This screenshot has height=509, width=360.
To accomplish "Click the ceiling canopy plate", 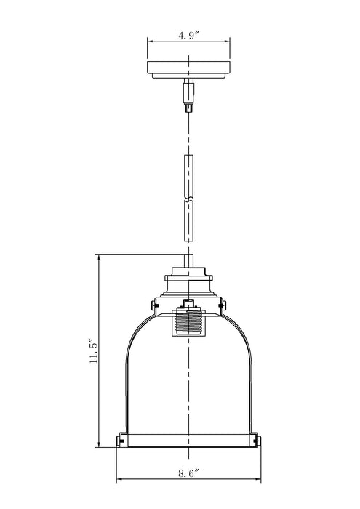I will [x=188, y=70].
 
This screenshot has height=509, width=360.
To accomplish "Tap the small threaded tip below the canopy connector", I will [x=188, y=107].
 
